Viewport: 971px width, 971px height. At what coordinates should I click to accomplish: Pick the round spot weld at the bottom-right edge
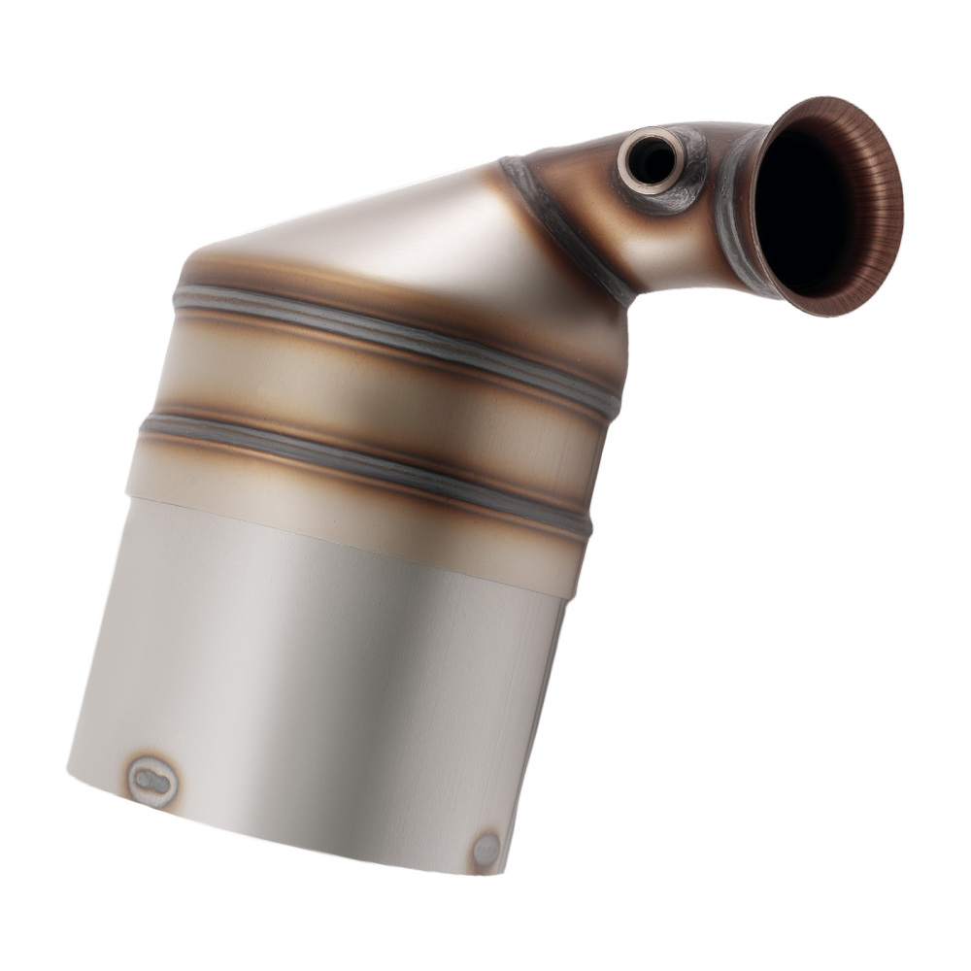486,849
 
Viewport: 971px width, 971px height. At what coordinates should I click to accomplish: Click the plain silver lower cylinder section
320,660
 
